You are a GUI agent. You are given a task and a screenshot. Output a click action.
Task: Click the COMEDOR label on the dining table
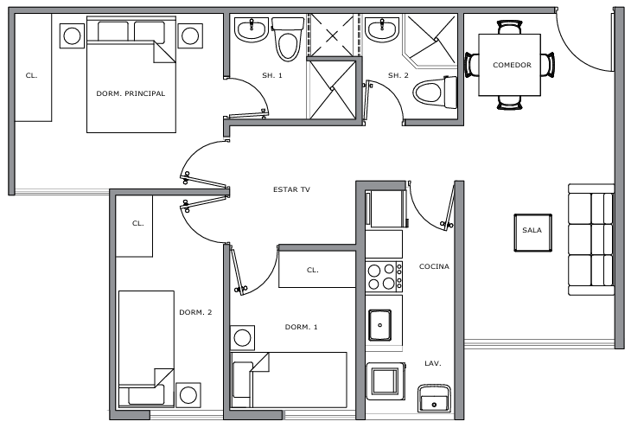point(512,65)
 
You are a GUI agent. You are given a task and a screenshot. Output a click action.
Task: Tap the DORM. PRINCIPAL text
point(131,93)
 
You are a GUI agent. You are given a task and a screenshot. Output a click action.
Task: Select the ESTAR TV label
point(292,189)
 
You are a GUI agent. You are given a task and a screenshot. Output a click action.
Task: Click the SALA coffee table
point(532,233)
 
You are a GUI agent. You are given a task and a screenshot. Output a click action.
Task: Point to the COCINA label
point(434,266)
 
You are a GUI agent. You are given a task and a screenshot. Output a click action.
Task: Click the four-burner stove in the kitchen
point(384,277)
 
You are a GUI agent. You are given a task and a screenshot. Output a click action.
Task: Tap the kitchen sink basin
point(379,325)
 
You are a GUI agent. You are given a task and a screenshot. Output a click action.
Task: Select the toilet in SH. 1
point(288,39)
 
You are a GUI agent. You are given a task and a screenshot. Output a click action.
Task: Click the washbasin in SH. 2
point(382,29)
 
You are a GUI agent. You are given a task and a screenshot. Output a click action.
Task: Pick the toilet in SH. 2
point(435,93)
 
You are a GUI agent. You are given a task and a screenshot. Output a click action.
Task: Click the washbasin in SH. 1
point(252,29)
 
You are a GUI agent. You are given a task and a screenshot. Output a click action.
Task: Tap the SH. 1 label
point(272,75)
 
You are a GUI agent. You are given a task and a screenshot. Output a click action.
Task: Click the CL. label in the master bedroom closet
point(31,75)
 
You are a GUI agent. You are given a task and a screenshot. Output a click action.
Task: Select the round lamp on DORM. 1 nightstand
point(242,338)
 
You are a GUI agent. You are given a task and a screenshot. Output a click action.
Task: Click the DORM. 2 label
point(195,312)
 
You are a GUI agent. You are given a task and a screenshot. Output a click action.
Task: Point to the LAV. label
point(433,363)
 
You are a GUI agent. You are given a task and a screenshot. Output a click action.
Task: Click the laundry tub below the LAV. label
point(434,399)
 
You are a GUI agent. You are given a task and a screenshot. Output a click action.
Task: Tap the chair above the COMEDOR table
point(509,27)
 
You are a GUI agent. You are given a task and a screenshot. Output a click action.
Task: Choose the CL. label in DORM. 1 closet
point(313,270)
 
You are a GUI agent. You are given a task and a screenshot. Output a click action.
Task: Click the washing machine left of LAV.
point(386,381)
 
